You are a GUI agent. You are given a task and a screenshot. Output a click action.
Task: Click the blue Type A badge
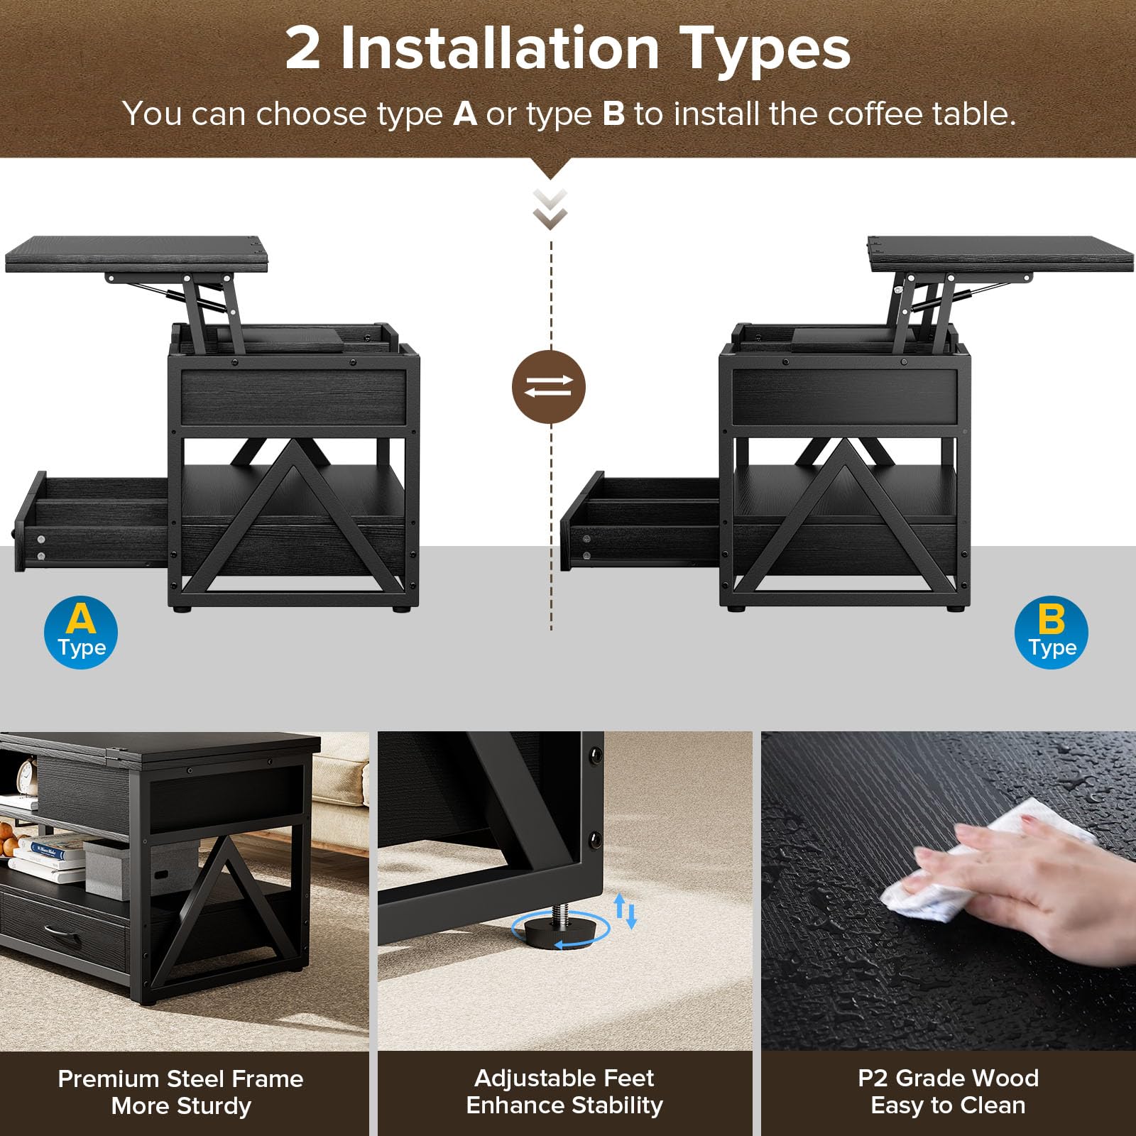[x=81, y=632]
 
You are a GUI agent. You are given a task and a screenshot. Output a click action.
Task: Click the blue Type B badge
[x=1052, y=632]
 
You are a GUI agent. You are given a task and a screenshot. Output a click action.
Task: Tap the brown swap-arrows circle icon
[x=549, y=387]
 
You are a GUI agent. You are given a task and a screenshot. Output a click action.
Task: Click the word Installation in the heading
[x=500, y=48]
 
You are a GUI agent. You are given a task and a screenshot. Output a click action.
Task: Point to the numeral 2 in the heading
[x=303, y=48]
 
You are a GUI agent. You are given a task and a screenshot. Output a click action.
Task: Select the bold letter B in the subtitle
[x=613, y=114]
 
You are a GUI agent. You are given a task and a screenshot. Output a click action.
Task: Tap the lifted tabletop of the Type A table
[x=138, y=254]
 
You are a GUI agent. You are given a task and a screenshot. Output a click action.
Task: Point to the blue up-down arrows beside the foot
[x=626, y=911]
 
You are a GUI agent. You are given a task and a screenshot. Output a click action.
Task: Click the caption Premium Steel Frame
[x=180, y=1078]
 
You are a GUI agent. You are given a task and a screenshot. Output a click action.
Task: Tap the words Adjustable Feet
[x=564, y=1078]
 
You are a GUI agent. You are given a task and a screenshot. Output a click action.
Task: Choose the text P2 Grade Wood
[x=948, y=1078]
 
